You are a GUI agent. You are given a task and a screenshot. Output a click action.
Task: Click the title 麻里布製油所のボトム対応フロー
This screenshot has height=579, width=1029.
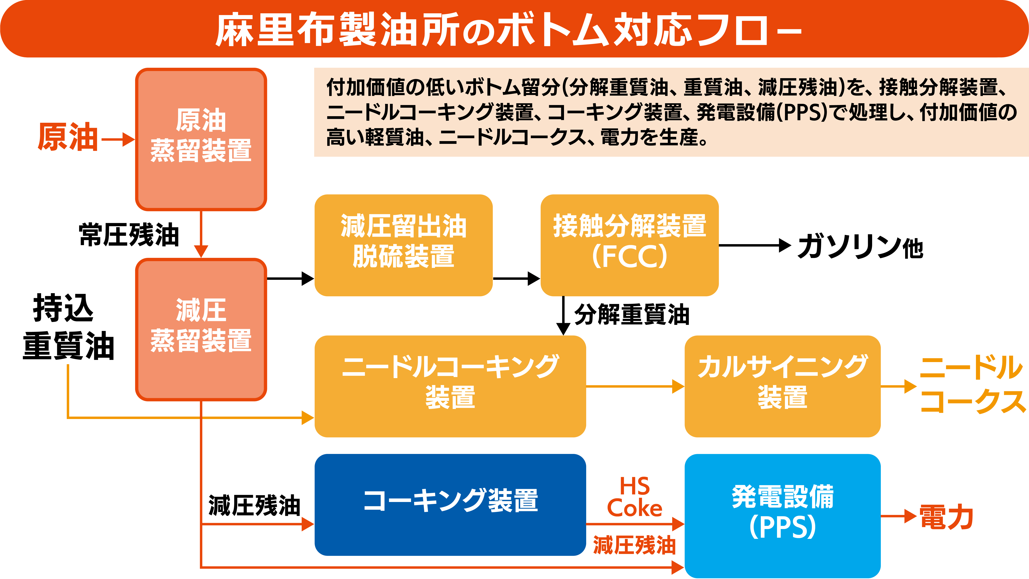[x=508, y=30]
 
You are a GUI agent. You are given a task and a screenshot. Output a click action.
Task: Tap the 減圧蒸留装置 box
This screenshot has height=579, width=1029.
[x=201, y=329]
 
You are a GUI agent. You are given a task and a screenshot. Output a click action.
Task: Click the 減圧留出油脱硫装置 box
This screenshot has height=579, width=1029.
[x=403, y=245]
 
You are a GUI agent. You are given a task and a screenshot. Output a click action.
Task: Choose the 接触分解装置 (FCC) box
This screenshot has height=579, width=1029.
[x=630, y=245]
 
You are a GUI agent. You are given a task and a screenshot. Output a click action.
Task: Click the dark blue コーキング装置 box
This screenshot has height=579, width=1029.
[x=450, y=505]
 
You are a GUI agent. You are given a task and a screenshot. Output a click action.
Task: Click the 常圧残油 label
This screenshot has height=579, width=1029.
[x=129, y=235]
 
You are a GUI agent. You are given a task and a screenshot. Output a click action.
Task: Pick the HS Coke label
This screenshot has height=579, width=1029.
[x=634, y=497]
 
